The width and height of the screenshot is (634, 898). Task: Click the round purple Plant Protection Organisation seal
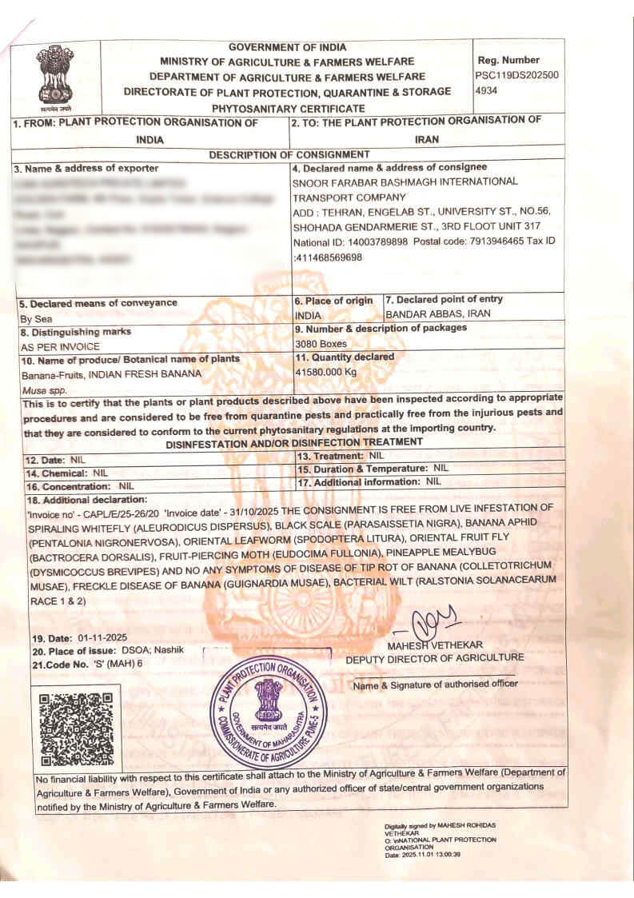click(x=269, y=705)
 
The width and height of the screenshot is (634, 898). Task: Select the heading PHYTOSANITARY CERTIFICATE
click(x=288, y=108)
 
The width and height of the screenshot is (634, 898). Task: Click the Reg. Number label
click(x=508, y=60)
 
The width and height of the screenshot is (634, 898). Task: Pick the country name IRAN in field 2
click(x=426, y=138)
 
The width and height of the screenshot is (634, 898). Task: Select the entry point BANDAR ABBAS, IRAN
click(x=438, y=313)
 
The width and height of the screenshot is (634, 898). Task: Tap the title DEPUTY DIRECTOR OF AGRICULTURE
click(x=435, y=657)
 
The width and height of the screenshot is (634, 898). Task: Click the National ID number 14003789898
click(x=374, y=241)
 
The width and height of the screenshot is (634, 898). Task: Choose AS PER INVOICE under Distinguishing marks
click(x=60, y=347)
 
